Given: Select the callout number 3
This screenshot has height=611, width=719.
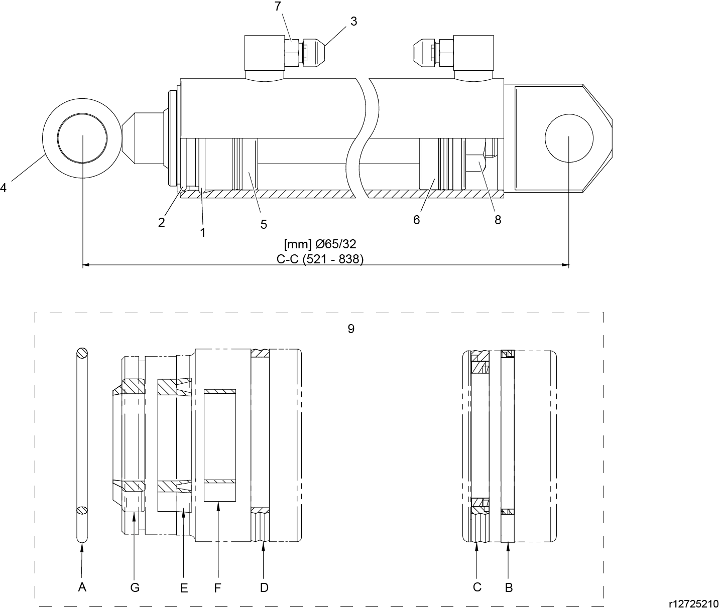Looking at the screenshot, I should coord(353,22).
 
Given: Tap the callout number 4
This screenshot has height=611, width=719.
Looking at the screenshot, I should coord(3,188).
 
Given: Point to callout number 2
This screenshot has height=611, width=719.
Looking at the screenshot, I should coord(161,223).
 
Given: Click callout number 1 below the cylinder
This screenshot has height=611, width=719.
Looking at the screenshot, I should coord(203,232).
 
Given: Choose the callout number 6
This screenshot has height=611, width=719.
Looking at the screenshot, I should coord(416,220).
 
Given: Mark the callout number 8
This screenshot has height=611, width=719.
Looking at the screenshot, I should coord(498,220).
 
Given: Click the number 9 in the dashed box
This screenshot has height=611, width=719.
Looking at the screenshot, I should coord(351,329).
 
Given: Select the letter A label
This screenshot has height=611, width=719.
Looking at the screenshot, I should coord(82,587).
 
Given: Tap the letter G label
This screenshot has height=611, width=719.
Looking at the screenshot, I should coord(135,587).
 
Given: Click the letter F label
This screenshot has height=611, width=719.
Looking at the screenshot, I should coord(217,588).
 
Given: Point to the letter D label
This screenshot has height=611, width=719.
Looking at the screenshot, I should coord(264,587).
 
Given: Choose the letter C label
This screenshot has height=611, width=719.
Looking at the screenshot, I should coord(477,587).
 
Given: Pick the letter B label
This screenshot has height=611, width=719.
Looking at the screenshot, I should coord(509,587).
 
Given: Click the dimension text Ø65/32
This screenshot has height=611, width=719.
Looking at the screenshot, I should coord(320,244).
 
